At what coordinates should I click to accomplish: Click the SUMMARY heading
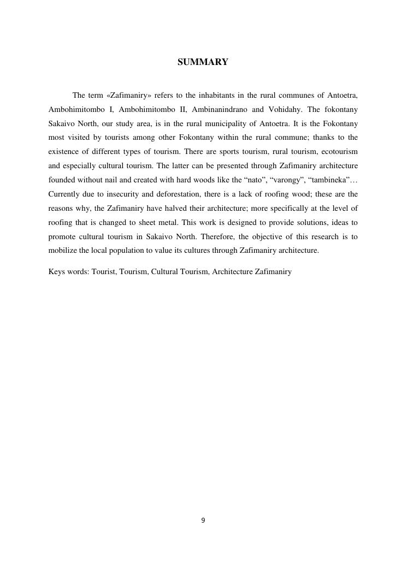click(203, 62)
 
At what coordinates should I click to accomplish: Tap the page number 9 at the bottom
click(203, 520)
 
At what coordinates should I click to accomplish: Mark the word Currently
click(66, 194)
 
